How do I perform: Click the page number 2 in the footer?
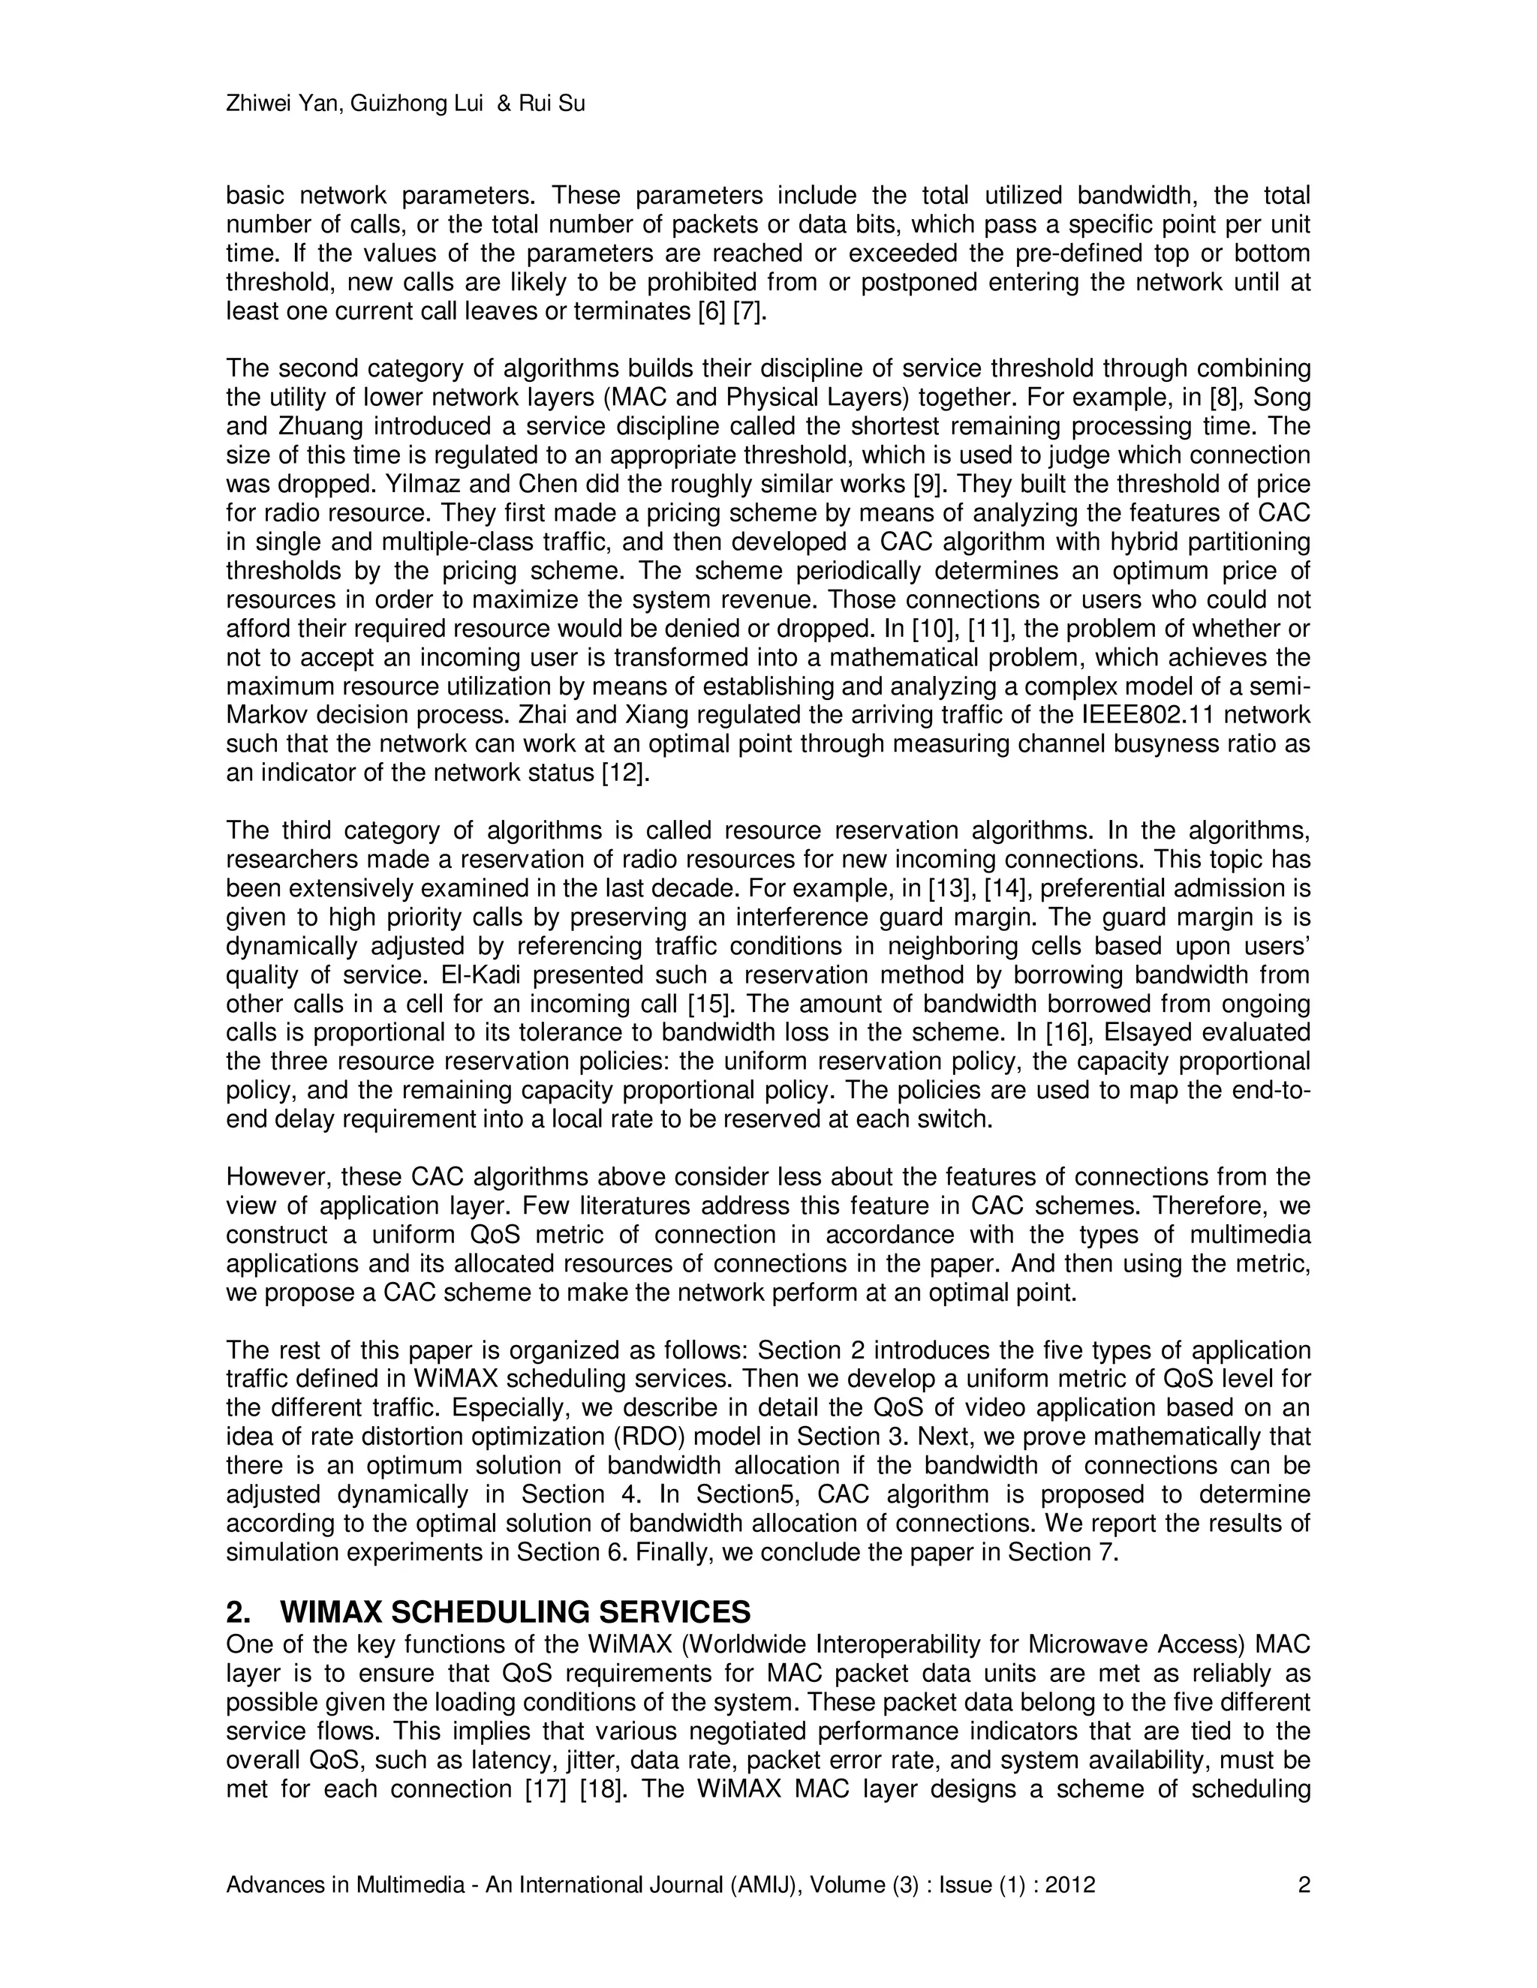coord(1303,1884)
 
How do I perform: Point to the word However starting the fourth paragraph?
coord(278,1177)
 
